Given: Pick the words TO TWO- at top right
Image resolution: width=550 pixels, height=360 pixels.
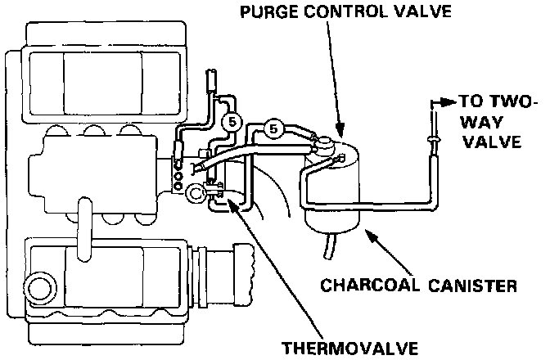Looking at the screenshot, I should (495, 103).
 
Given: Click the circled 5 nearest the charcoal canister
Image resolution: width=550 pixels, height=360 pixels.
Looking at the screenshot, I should (275, 128).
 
